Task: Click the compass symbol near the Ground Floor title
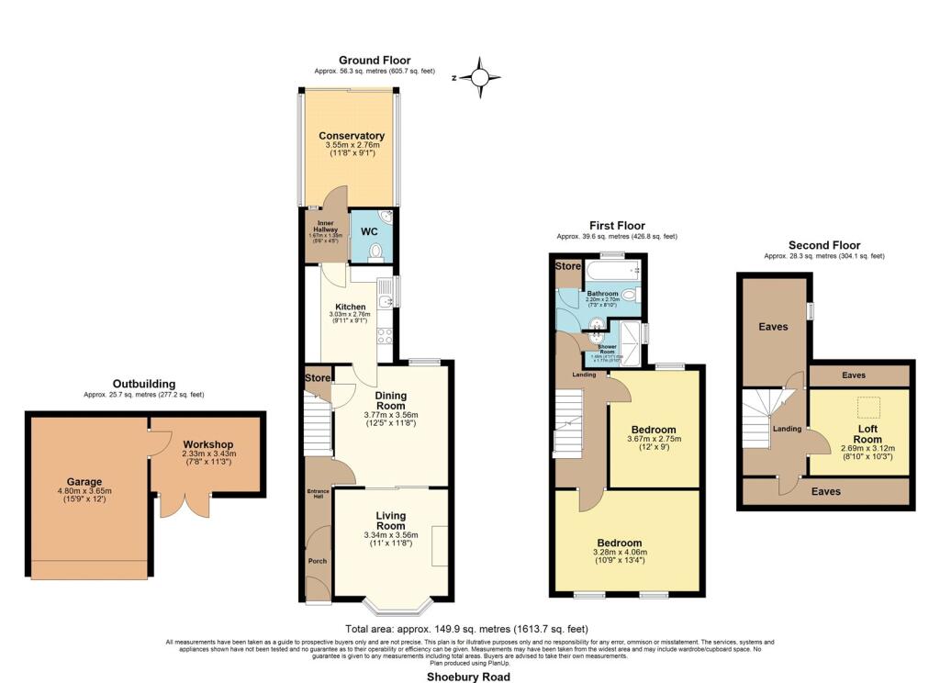(479, 78)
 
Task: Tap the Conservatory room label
(352, 136)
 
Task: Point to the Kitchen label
(350, 307)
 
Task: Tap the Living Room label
(391, 521)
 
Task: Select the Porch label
(318, 561)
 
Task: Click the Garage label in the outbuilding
(84, 481)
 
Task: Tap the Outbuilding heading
(144, 384)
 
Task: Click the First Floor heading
(617, 225)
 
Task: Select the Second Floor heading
(824, 245)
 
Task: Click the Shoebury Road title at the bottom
(469, 676)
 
